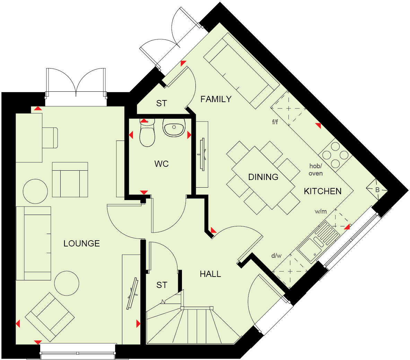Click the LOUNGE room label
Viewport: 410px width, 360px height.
(x=81, y=243)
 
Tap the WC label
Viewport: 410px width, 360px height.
(x=162, y=164)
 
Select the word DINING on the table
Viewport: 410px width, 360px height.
(x=263, y=177)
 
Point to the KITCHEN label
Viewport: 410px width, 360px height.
(x=323, y=191)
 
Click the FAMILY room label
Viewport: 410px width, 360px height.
(x=216, y=99)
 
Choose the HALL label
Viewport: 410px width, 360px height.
(x=210, y=274)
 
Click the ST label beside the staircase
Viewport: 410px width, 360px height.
(x=162, y=285)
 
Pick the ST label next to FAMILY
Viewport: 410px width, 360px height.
(x=161, y=103)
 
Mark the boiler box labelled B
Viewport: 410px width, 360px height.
(x=377, y=190)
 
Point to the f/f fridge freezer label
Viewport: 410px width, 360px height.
(x=275, y=122)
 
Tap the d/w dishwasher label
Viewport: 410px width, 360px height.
(x=276, y=256)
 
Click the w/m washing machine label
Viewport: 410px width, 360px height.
(x=321, y=211)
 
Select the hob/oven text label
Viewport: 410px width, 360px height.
(x=315, y=170)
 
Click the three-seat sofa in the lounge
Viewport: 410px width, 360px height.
(x=34, y=243)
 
